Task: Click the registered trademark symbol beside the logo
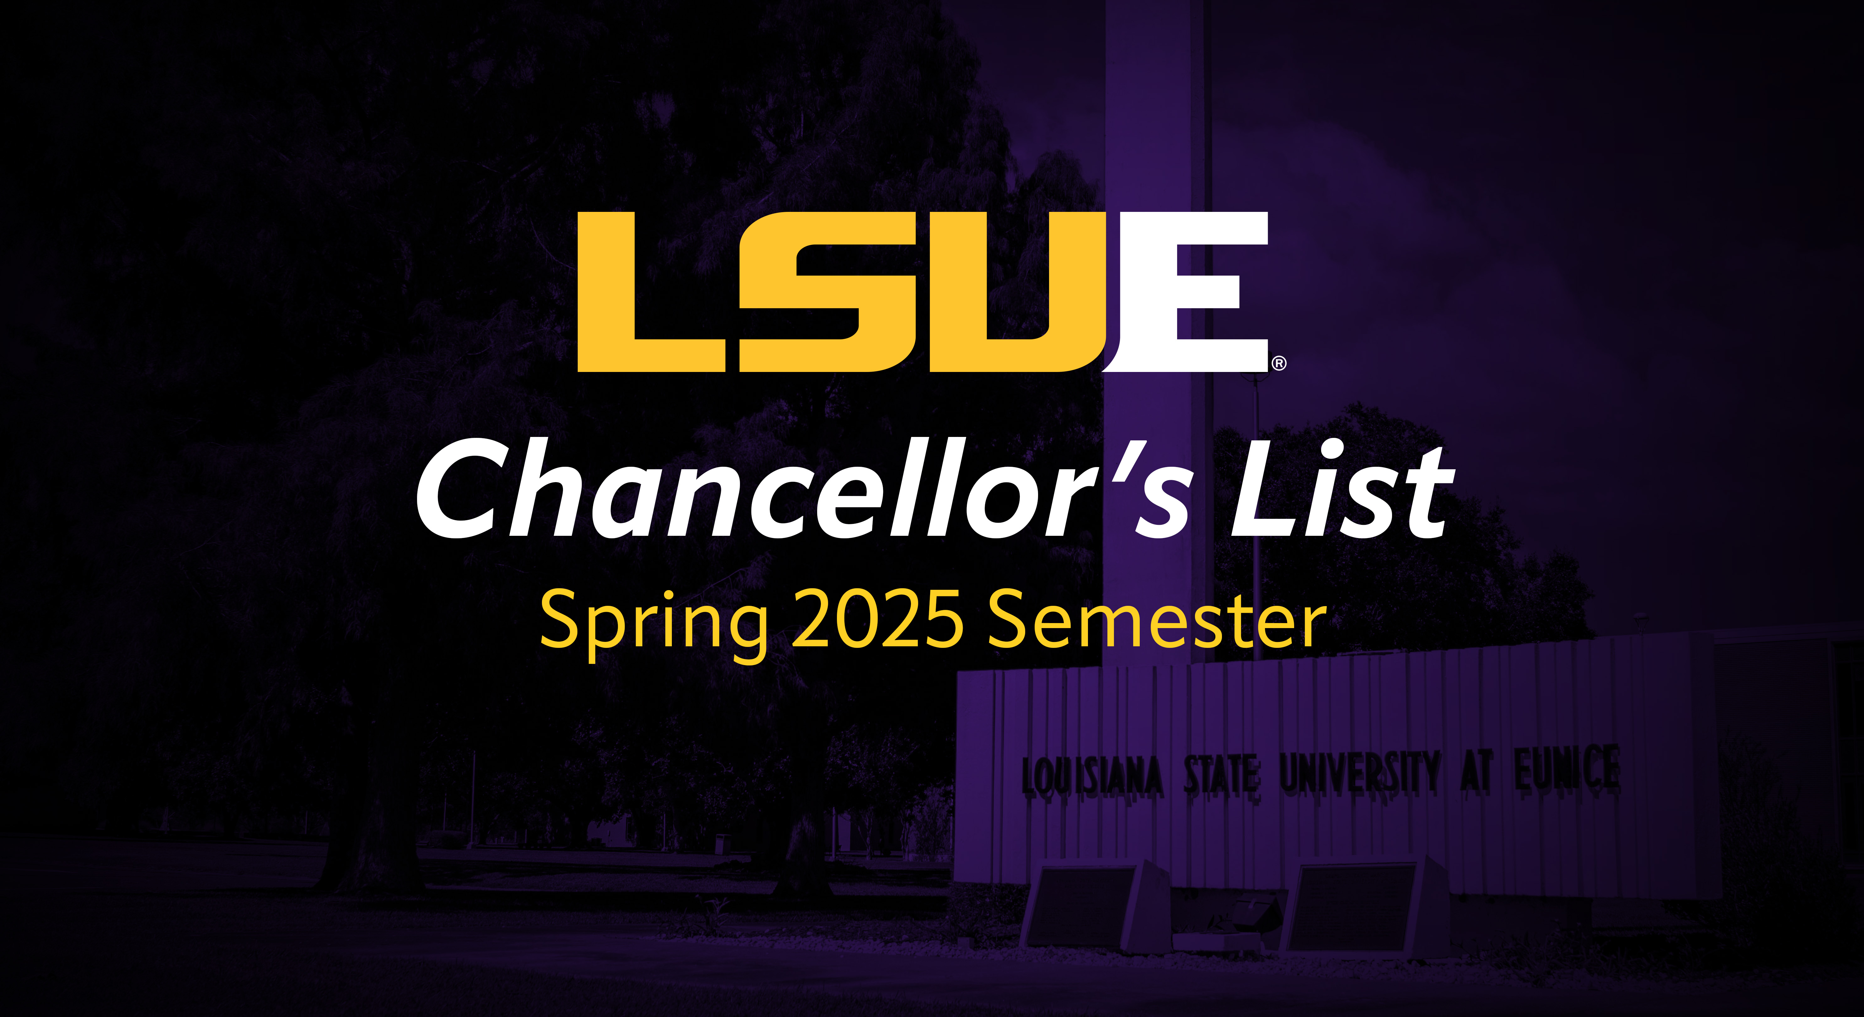tap(1279, 363)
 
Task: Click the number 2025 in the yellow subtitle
tap(877, 619)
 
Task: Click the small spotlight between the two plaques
tap(1246, 912)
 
